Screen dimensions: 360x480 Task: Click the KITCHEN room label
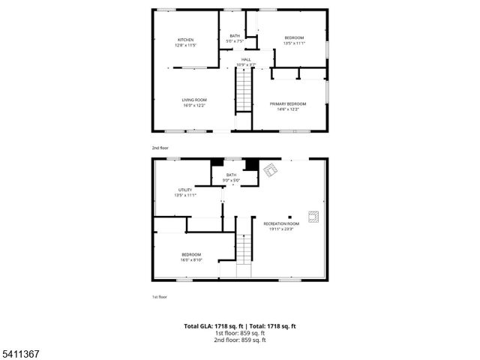[185, 40]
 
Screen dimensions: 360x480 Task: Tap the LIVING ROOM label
[194, 100]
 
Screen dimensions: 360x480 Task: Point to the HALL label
[246, 59]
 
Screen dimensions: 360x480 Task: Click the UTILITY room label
[185, 190]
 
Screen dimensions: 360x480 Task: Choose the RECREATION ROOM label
[281, 223]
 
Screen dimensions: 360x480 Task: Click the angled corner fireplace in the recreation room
[270, 171]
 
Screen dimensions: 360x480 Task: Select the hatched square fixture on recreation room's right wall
[316, 217]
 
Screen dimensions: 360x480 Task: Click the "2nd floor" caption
[160, 148]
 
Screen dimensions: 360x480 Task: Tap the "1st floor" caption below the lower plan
[159, 297]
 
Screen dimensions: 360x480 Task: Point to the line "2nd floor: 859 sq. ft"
[239, 340]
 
